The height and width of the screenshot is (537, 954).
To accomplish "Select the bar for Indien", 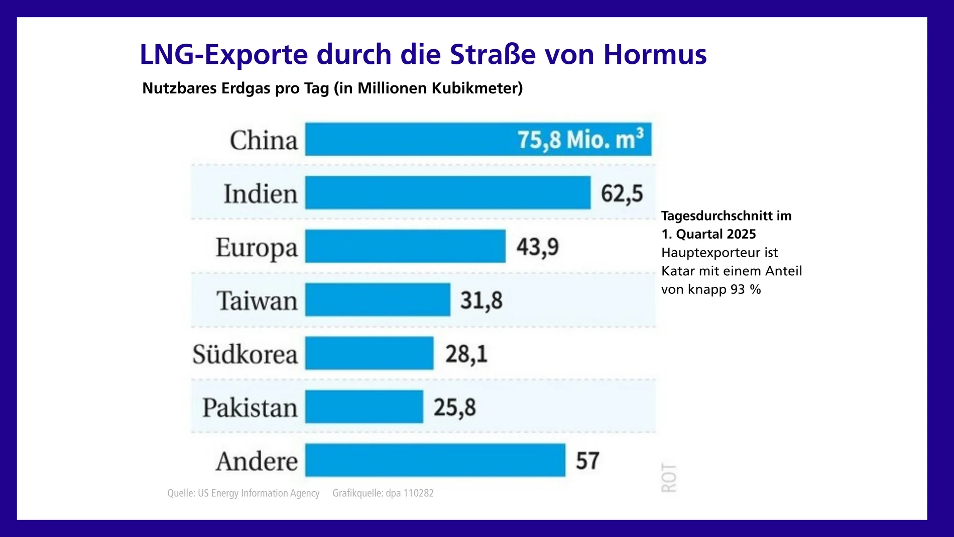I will point(447,193).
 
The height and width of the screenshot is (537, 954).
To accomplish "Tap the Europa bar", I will point(405,246).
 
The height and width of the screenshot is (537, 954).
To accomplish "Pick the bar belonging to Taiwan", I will point(378,300).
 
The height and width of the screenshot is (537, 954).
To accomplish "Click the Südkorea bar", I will point(369,353).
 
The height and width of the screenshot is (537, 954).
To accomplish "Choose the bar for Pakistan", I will point(364,407).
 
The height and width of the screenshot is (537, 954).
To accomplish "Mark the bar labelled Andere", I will point(435,460).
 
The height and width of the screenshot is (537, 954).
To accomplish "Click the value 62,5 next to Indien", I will point(622,194).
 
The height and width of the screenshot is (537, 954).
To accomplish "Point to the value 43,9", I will point(537,247).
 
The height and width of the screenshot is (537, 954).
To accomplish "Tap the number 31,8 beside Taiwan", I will point(481,301).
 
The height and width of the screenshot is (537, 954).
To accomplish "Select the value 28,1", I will point(466,354).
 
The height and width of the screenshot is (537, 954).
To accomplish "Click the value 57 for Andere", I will point(587,461).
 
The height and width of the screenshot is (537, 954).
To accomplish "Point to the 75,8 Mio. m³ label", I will point(580,140).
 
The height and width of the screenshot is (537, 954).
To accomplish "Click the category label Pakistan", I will point(250,407).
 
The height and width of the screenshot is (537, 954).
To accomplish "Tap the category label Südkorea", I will point(245,354).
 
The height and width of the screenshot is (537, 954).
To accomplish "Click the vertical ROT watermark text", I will point(669,478).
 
